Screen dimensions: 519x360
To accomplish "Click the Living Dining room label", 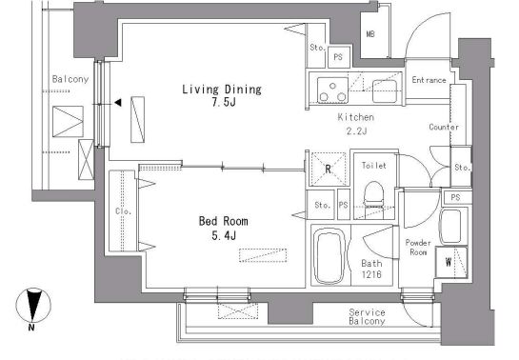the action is click(x=222, y=90).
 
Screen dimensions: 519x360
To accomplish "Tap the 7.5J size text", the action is click(x=224, y=102).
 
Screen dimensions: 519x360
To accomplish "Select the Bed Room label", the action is click(x=224, y=221).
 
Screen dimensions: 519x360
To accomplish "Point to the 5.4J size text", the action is click(x=224, y=235).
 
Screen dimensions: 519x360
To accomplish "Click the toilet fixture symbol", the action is click(x=373, y=199).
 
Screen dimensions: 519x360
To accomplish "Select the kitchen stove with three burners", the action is click(x=332, y=90).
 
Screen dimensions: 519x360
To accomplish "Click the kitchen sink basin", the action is click(x=385, y=91).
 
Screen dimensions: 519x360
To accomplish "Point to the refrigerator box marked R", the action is click(x=328, y=169).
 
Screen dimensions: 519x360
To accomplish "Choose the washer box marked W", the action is click(x=451, y=263).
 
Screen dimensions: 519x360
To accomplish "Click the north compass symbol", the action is click(x=33, y=307).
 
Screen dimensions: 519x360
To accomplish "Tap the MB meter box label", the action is click(x=370, y=33).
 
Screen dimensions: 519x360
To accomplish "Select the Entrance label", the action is click(x=429, y=80).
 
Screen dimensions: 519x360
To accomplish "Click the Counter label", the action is click(x=444, y=127).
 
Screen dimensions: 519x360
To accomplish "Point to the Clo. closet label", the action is click(x=123, y=210).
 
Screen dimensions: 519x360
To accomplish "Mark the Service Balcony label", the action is click(x=367, y=316).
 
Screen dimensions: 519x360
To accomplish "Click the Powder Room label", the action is click(x=418, y=248).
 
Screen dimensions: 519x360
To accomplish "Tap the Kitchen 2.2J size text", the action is click(x=356, y=131).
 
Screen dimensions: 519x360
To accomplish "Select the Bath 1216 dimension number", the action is click(x=371, y=274).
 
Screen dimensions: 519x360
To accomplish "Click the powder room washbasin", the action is click(x=450, y=227).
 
